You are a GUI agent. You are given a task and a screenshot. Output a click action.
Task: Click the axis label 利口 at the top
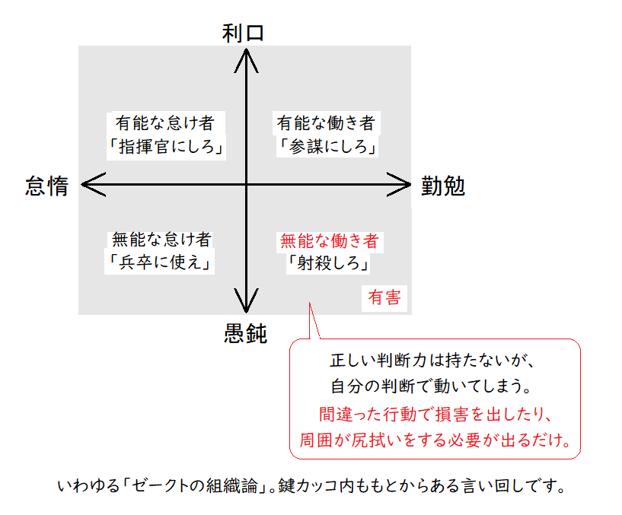[x=244, y=32]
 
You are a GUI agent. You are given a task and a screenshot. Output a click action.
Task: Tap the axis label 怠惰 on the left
[x=47, y=187]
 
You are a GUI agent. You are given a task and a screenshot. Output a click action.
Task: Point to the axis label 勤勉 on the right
[x=443, y=187]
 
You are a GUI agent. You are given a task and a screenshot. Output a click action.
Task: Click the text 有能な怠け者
[x=164, y=122]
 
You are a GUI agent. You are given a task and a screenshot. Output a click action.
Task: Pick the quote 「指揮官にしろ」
[x=165, y=146]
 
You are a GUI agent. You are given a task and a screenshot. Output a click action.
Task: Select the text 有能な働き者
[x=326, y=122]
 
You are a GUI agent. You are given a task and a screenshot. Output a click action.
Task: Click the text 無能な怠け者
[x=161, y=239]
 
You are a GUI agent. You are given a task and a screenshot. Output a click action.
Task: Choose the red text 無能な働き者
[x=329, y=241]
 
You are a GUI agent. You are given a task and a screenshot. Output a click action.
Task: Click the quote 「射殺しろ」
[x=329, y=264]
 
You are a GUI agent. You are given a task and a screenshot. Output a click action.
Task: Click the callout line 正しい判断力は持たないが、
[x=433, y=361]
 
